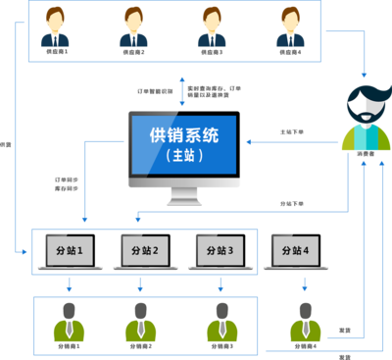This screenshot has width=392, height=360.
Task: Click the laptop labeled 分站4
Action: pos(295,253)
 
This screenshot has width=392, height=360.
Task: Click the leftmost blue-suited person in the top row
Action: pos(56,28)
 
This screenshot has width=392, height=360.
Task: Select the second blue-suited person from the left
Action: pos(134,28)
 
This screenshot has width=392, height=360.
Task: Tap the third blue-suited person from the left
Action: pos(211,28)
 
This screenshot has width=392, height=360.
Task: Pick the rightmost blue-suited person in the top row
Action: pos(289,28)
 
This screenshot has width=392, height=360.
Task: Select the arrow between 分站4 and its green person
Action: pos(305,285)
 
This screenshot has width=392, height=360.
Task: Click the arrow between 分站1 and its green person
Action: pos(69,285)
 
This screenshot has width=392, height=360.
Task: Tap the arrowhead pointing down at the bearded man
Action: pos(366,76)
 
